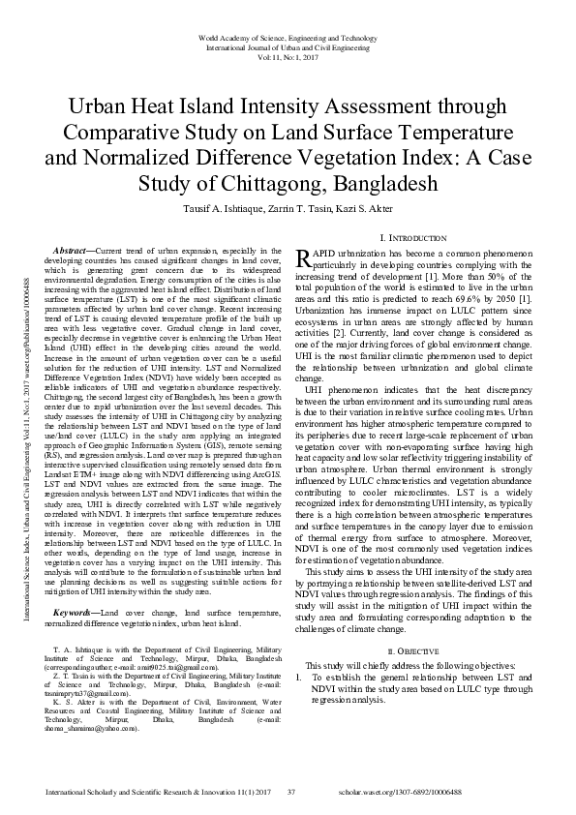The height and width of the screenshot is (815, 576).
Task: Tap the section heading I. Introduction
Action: pyautogui.click(x=413, y=237)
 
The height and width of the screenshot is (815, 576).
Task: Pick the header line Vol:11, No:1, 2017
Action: pyautogui.click(x=288, y=57)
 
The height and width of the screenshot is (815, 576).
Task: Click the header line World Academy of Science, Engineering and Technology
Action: pyautogui.click(x=288, y=36)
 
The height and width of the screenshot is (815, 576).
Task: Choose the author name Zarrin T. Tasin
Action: pyautogui.click(x=297, y=208)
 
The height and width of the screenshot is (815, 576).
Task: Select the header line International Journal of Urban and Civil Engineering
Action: pyautogui.click(x=288, y=46)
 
